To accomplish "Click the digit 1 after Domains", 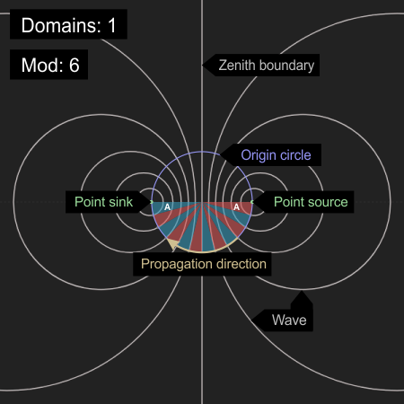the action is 112,25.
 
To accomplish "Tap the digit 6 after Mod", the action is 75,65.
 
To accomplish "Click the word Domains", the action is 61,25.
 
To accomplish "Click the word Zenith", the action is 238,65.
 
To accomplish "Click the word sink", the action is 120,202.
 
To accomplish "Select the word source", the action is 328,203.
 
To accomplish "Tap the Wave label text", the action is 289,321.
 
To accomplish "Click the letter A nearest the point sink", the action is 167,206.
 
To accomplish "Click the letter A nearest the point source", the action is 236,206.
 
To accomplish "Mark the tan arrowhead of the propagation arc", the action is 173,243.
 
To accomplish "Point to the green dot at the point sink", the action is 152,202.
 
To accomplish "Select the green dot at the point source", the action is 252,202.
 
